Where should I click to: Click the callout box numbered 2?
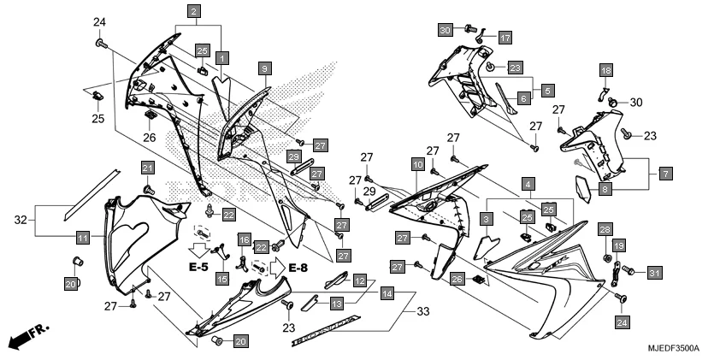click(195, 11)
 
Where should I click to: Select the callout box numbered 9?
click(265, 67)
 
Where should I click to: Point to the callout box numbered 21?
click(147, 167)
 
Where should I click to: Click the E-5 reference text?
click(198, 268)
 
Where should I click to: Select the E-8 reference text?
click(298, 268)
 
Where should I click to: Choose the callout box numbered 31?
click(654, 273)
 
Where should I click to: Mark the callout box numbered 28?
click(605, 230)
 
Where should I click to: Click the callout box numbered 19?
click(618, 246)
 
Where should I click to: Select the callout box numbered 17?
click(505, 38)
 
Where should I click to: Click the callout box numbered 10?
click(417, 163)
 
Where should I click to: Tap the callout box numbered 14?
click(387, 293)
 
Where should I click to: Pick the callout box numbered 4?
click(529, 184)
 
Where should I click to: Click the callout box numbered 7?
click(666, 174)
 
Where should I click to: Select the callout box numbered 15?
click(221, 278)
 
